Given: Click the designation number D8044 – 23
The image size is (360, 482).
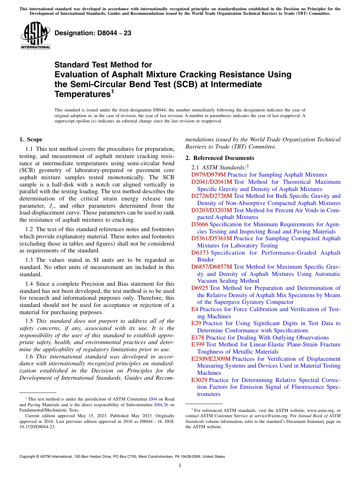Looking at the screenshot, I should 93,33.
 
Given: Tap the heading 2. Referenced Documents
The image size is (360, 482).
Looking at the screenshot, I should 220,158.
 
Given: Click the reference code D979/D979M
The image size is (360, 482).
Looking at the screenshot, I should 208,175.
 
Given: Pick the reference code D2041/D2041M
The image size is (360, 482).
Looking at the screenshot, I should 212,182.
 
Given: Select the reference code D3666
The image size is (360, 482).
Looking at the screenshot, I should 200,224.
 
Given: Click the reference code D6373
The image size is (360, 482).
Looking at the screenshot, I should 200,253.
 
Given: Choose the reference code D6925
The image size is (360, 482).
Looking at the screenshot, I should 200,288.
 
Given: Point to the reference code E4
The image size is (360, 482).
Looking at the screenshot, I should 195,309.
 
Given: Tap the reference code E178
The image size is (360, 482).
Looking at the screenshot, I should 198,338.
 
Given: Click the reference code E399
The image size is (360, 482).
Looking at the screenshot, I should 198,344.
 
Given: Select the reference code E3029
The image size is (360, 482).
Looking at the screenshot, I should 199,380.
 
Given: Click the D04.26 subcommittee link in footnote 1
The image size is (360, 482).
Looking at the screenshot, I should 161,404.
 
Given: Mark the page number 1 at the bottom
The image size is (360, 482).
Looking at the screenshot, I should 180,465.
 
